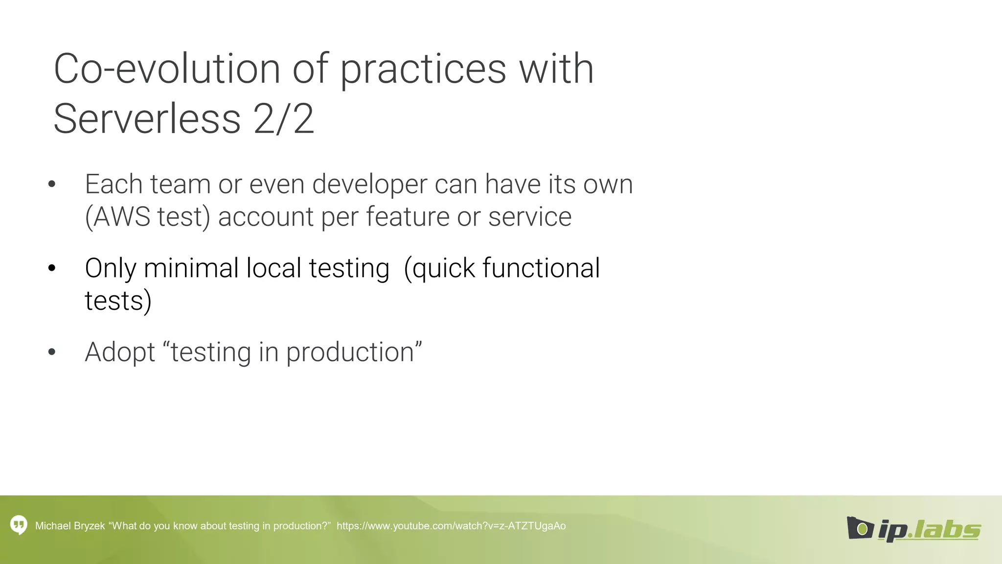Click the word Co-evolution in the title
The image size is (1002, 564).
166,69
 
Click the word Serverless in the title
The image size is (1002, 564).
147,119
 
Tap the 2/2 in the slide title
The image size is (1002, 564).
284,119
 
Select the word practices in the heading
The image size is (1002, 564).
423,69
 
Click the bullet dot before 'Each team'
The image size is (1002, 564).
52,185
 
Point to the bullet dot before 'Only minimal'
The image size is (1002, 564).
52,268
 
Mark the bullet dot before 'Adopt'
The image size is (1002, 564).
52,352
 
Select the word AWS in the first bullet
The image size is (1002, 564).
121,217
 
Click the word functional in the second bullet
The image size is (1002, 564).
541,268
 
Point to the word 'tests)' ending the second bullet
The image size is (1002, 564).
118,301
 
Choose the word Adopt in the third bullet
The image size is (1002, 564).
120,352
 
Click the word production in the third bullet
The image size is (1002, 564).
350,352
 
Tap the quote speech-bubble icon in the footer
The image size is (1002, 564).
19,525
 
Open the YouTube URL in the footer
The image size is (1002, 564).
451,526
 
